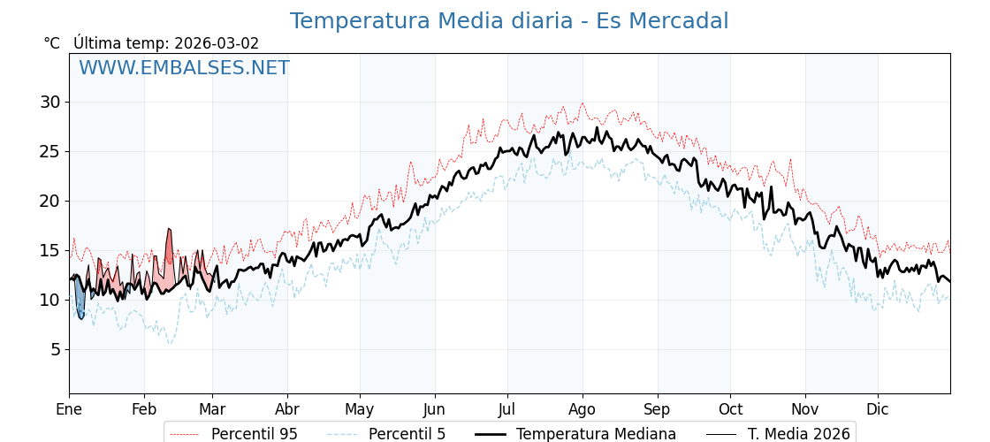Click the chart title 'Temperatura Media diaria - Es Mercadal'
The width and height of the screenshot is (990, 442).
click(x=509, y=21)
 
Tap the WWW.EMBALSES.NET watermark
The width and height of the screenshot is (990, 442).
click(x=184, y=68)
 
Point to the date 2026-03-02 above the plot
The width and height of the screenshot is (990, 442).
click(x=217, y=43)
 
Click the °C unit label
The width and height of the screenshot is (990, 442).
click(x=52, y=43)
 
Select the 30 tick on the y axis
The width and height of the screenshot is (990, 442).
click(x=49, y=102)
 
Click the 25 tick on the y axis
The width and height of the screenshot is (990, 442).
click(x=49, y=151)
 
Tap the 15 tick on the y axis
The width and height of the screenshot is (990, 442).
click(x=49, y=250)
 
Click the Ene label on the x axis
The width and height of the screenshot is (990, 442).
click(x=69, y=409)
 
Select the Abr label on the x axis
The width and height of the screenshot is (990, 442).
click(x=287, y=409)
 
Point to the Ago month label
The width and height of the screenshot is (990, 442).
click(x=583, y=409)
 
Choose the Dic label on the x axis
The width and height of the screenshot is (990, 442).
click(x=878, y=409)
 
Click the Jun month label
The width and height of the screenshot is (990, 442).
click(x=435, y=409)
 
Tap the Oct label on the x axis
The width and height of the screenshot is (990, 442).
click(x=730, y=409)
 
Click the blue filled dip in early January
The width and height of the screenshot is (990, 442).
click(x=80, y=301)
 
